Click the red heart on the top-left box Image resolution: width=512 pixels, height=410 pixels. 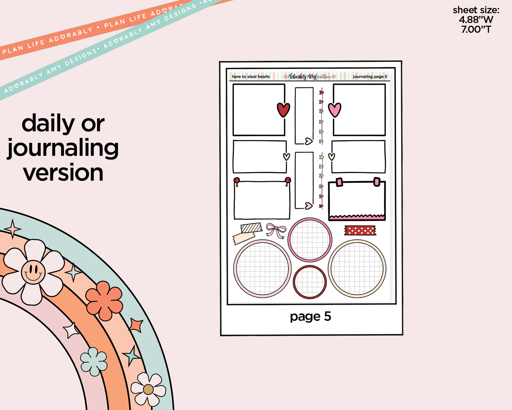283,110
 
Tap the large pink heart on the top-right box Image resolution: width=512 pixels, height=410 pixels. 334,110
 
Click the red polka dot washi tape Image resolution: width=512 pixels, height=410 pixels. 360,231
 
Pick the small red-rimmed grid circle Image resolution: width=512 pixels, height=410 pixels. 310,282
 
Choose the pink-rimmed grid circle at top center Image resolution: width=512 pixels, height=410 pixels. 310,240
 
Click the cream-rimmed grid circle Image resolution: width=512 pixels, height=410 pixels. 357,268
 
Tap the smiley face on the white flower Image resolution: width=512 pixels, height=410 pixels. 33,272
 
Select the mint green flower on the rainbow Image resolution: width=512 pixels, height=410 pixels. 94,361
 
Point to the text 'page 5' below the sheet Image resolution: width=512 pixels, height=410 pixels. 310,316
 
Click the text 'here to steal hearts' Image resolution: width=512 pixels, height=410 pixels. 251,77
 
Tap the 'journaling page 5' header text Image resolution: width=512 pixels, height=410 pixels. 370,77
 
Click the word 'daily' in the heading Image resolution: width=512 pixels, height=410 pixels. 48,123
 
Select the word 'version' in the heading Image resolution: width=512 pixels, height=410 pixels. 63,173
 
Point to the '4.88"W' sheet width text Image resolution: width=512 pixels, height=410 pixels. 476,20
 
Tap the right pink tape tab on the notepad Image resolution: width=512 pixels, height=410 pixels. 377,182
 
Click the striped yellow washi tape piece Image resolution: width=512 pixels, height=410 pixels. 251,227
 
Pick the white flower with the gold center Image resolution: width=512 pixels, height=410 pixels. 148,389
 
